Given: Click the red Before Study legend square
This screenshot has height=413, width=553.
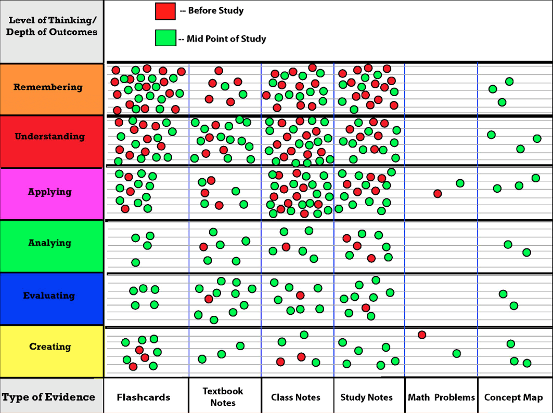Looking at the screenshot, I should coord(165,11).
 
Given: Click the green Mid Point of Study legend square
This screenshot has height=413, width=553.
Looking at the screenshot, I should coord(165,38).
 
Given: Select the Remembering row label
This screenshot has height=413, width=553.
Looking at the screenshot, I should coord(48,87).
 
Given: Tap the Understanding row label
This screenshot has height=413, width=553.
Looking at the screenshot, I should coord(49,137).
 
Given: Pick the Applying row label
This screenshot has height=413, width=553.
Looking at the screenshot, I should coord(49,192).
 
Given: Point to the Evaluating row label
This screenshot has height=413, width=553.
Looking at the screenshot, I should coord(49,296).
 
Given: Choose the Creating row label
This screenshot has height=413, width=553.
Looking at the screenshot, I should coord(50,347).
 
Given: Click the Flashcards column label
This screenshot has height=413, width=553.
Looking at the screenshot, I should coord(144,397).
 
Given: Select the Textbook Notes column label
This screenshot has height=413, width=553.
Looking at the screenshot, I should coord(223,397).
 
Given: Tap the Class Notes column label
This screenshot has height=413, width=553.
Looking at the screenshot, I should coord(295,397).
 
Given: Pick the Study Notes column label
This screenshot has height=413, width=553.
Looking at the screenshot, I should coord(366,397).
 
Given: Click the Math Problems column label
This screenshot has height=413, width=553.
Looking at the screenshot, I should coord(441,397).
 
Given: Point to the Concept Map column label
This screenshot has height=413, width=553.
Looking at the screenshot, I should coord(513,397).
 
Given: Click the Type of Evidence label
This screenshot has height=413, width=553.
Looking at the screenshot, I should coord(48,397).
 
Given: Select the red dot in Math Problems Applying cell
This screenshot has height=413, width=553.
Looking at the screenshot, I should coord(438,194).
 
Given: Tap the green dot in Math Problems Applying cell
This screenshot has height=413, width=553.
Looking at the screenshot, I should coord(460,183).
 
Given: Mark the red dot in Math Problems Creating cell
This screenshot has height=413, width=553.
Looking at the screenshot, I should coord(422,335).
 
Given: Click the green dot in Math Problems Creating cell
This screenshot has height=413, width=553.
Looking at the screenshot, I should coord(456,354).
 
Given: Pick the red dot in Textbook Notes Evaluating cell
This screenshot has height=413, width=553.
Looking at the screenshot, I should coord(209,299).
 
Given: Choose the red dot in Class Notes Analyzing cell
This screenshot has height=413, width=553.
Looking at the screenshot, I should coord(286,247).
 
